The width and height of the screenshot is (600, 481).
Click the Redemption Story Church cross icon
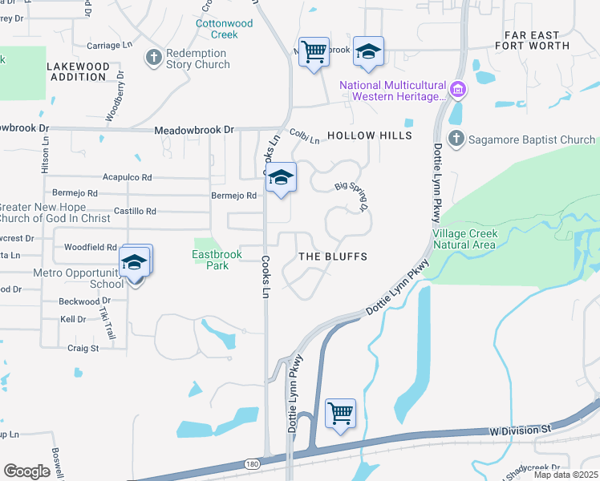tap(153, 58)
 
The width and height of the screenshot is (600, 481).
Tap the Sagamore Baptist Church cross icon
tap(456, 139)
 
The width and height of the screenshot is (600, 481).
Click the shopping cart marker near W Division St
tap(341, 414)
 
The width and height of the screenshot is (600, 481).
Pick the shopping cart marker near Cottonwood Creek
tap(314, 52)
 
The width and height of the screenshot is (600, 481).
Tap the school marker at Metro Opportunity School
tap(136, 262)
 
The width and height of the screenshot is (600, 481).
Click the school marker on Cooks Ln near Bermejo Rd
tap(281, 178)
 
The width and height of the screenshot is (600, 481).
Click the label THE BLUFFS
tap(332, 257)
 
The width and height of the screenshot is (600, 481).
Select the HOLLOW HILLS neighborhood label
tap(369, 136)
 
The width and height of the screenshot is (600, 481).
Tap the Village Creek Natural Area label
tap(465, 238)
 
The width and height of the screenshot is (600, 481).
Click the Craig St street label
tap(83, 348)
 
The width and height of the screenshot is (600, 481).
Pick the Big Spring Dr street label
tap(351, 196)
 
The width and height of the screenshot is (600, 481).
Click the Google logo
tap(26, 471)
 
